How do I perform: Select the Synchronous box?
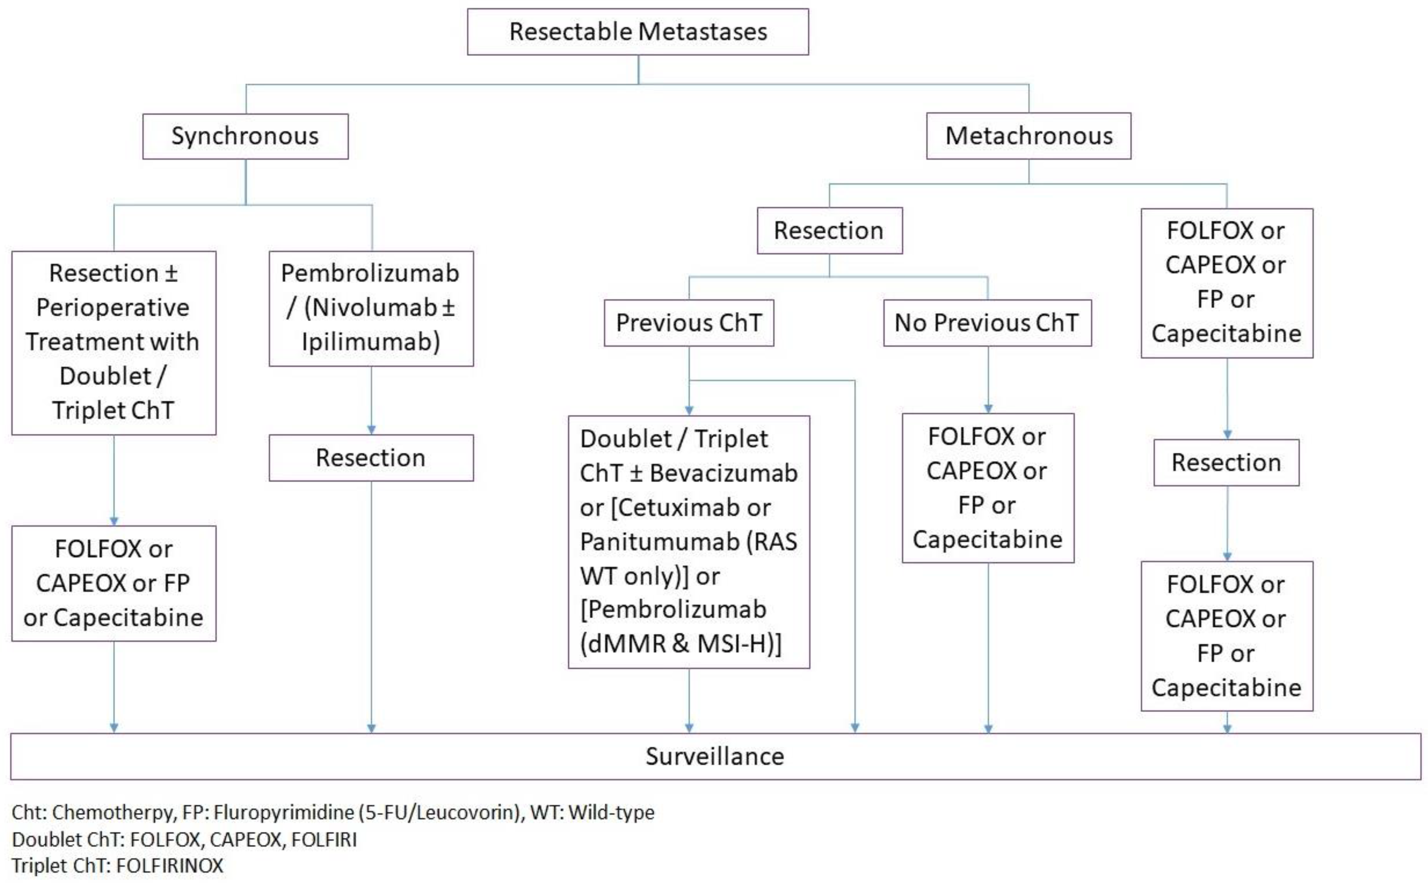[245, 136]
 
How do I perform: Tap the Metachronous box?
[1028, 136]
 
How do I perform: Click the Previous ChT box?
[689, 323]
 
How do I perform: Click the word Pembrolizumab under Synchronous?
[370, 273]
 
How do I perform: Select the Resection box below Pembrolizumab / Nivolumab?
[371, 458]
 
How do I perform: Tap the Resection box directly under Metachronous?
[829, 231]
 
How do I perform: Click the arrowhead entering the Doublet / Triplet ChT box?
[689, 411]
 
